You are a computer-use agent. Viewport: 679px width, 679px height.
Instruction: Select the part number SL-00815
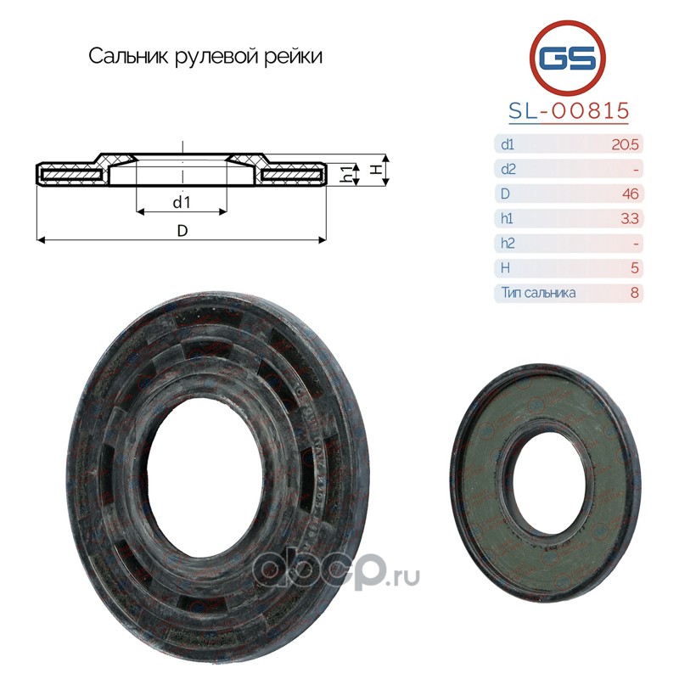[569, 111]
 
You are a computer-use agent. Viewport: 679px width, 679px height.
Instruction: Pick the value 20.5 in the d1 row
[625, 144]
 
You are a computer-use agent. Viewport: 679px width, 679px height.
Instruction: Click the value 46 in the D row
[630, 194]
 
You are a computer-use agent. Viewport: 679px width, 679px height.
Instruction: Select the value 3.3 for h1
[630, 218]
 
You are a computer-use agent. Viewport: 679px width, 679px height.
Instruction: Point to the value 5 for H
[634, 268]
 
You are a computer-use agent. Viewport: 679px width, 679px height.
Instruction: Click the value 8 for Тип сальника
[634, 293]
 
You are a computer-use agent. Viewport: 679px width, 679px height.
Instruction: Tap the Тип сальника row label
[538, 293]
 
